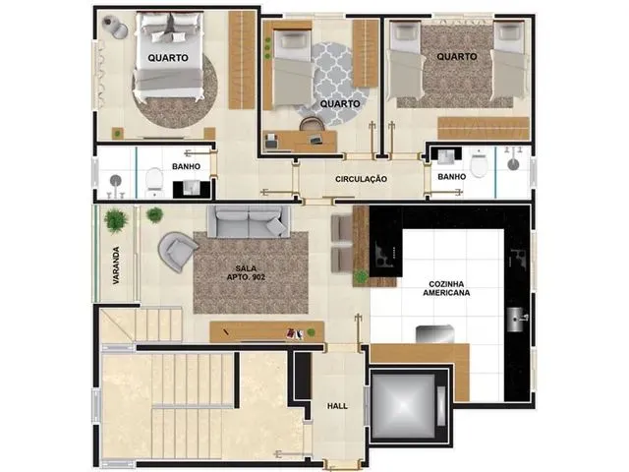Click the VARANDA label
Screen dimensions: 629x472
click(116, 265)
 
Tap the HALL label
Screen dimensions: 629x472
click(337, 406)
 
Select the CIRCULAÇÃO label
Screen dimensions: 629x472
click(361, 179)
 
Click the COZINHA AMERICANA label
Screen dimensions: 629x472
click(446, 288)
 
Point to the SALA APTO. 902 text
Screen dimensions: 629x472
click(246, 272)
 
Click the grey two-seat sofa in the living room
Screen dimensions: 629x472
click(249, 222)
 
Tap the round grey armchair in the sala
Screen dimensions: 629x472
click(178, 252)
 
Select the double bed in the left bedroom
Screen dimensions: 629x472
click(168, 55)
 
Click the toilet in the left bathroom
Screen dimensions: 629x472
click(153, 184)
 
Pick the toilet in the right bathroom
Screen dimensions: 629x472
click(479, 163)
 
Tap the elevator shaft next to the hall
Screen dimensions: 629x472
click(409, 405)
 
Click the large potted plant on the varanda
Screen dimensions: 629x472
click(116, 220)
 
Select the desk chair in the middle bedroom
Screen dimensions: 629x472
click(312, 124)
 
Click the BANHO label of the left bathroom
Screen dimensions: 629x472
click(186, 166)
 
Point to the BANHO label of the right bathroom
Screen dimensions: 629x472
click(452, 177)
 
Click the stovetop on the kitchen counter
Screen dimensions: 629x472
click(386, 254)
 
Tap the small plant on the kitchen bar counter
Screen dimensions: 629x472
click(361, 276)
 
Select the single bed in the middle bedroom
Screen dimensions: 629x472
click(293, 69)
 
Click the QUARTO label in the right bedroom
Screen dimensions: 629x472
click(457, 57)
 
